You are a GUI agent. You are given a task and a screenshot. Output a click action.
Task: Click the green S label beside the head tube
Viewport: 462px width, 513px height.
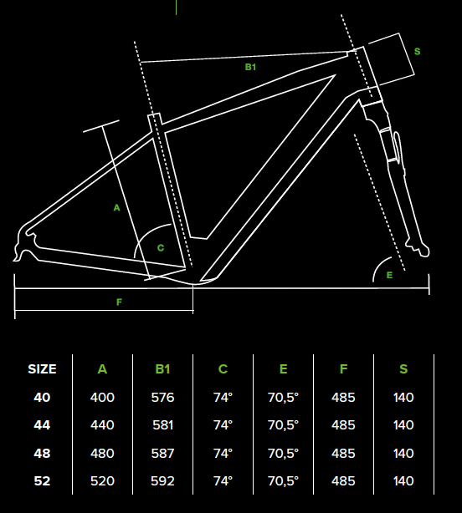point(417,51)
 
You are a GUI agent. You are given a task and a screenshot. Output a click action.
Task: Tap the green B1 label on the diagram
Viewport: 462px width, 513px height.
point(250,67)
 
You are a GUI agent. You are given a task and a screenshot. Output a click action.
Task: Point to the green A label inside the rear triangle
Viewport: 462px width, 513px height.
point(116,208)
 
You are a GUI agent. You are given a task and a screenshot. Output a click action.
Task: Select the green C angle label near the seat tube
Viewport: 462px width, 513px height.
point(161,248)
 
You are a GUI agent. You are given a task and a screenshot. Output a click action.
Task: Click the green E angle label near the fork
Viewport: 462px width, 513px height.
point(389,275)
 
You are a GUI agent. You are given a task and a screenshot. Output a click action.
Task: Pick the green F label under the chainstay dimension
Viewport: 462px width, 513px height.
point(120,302)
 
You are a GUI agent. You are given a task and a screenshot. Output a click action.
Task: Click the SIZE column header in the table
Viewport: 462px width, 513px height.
point(42,369)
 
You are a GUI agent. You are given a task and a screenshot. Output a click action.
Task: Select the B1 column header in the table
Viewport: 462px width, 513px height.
point(162,369)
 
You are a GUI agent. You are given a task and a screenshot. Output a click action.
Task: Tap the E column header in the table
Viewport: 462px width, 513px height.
point(284,369)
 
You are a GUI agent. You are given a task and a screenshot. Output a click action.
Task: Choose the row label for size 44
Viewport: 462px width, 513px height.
point(42,425)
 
